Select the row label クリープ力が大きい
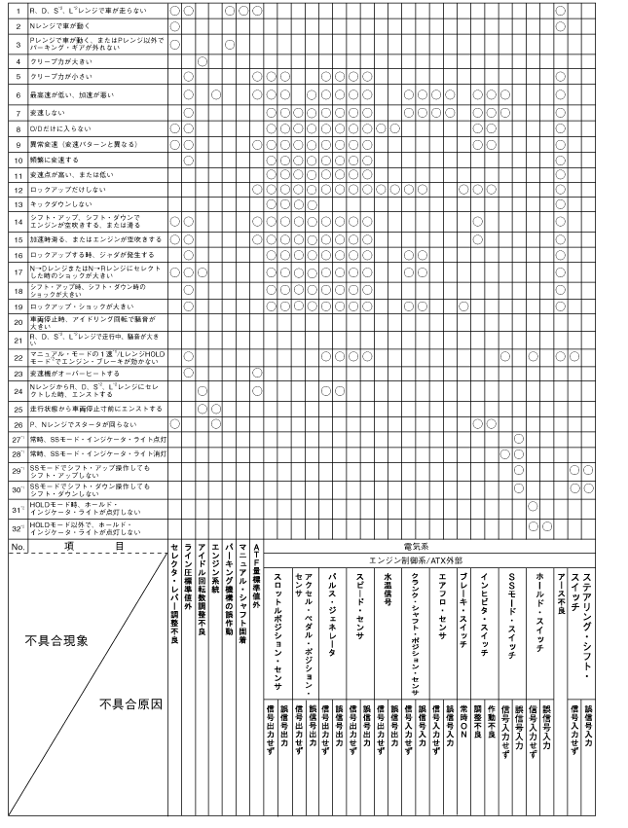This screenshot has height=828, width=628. click(x=58, y=60)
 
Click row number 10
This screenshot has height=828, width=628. click(x=18, y=159)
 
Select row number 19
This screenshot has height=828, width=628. click(x=18, y=306)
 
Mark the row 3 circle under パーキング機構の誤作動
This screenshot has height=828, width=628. click(x=229, y=44)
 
